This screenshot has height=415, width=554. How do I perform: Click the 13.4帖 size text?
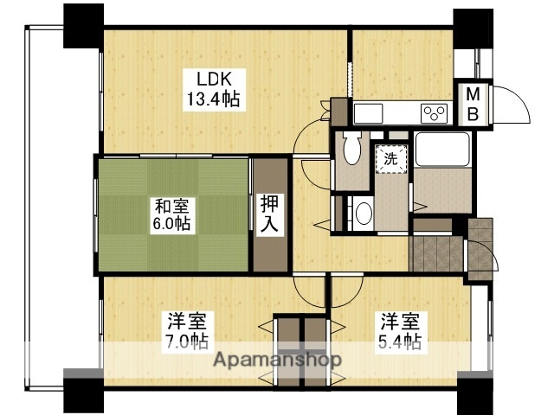[x=212, y=99]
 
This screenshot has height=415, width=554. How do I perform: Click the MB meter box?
[x=477, y=104]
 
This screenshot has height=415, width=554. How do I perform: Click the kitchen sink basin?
[x=367, y=113]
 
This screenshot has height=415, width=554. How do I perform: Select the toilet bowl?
[x=351, y=149]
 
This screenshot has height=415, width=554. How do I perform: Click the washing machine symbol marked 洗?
[x=390, y=159]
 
